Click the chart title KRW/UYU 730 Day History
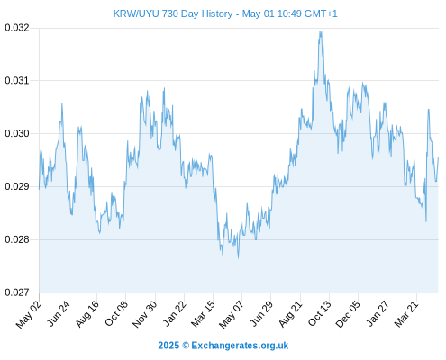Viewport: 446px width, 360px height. point(173,13)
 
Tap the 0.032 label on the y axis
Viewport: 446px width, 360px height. point(17,28)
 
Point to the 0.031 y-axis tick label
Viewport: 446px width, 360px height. point(17,80)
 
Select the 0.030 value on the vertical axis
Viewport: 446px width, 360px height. point(17,133)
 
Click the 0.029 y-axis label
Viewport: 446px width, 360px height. point(17,186)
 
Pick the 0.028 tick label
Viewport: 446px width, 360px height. point(17,239)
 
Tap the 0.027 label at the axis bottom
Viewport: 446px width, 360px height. point(17,292)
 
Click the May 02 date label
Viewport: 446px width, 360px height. point(29,314)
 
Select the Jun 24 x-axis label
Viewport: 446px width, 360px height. point(59,313)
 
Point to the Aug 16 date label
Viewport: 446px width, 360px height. point(86,314)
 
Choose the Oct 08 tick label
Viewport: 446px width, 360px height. point(116,313)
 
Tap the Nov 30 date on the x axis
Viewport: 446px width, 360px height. point(144,314)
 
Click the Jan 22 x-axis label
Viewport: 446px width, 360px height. point(174,313)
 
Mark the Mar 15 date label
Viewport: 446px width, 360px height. point(203,314)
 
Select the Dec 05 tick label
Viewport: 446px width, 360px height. point(347,314)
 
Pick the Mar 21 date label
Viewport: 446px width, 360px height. point(406,314)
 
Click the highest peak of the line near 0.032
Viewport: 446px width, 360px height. point(320,31)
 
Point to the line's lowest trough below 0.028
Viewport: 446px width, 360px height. point(239,257)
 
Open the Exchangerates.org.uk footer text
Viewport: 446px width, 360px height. point(240,346)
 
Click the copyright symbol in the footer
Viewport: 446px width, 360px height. point(186,346)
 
